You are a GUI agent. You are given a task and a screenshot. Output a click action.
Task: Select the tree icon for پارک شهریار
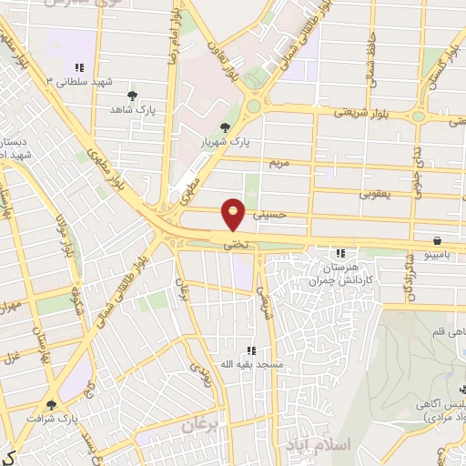click(x=225, y=127)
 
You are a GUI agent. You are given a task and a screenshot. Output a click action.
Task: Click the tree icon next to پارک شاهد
click(x=133, y=95)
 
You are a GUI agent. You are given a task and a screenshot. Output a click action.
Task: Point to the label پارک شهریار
click(x=226, y=142)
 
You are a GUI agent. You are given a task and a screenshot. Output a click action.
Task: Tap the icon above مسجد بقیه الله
click(x=251, y=350)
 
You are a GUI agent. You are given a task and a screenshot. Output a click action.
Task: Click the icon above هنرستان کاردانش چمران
click(x=340, y=253)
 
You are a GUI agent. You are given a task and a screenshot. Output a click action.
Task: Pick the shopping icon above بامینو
click(x=439, y=240)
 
